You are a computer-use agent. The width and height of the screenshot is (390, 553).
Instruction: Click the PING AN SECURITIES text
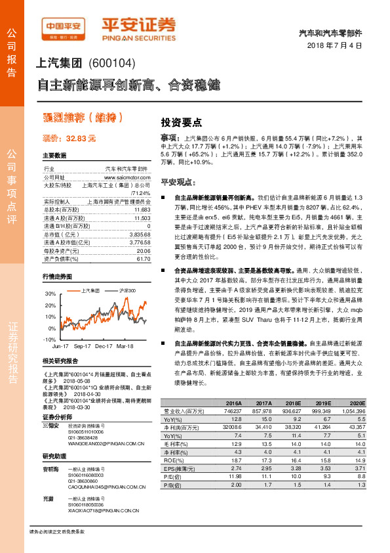[x=138, y=37]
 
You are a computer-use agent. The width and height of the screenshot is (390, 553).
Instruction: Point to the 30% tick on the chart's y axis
[x=50, y=294]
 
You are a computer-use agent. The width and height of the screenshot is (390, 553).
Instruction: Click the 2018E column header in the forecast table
[x=287, y=403]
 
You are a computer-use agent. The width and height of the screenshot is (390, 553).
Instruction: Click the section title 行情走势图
[x=57, y=276]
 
